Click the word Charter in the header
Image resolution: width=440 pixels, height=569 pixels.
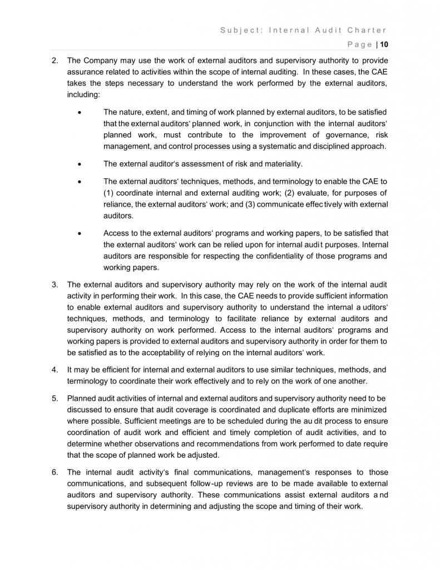pos(365,30)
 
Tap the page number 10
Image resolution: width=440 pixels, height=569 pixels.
pos(384,44)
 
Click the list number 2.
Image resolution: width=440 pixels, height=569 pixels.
pos(55,61)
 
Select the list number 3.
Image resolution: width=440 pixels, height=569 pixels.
pos(55,284)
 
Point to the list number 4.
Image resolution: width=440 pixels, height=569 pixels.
pos(55,369)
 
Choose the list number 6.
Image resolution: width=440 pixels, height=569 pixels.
pos(55,472)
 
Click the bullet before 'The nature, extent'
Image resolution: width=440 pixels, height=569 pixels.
pos(81,112)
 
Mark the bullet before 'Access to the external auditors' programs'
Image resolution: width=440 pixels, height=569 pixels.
pos(81,233)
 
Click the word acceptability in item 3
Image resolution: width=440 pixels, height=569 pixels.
pos(194,352)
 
